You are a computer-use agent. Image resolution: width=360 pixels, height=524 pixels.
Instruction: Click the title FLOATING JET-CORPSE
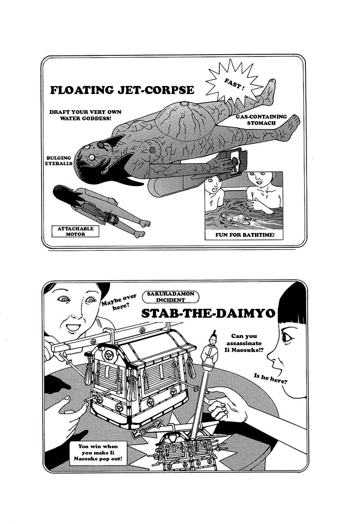[122, 90]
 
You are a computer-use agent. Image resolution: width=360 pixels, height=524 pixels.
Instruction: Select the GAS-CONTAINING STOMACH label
[261, 119]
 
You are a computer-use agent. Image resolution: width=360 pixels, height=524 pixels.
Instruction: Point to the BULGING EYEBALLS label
[59, 160]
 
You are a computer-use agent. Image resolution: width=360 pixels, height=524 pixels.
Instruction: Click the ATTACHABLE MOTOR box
[76, 231]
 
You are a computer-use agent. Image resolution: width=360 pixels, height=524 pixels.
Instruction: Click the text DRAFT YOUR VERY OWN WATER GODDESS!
[85, 115]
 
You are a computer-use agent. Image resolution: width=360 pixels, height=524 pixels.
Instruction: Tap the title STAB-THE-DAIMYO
[208, 313]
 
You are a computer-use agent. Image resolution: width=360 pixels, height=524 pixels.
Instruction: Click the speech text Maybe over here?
[119, 302]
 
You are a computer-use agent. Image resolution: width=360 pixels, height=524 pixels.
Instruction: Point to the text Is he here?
[270, 378]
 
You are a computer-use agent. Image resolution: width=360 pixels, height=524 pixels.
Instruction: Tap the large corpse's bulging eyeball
[87, 147]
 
